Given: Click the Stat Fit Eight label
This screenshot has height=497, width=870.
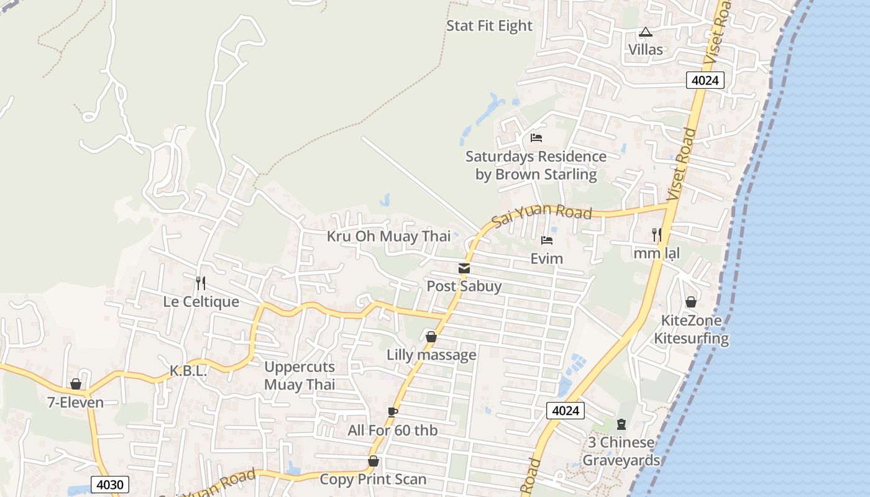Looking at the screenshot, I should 489,26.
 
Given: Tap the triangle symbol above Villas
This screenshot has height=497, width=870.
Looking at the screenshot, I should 645,32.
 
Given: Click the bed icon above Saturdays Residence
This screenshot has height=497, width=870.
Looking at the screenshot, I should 536,137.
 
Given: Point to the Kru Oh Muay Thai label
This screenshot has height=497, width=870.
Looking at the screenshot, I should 389,236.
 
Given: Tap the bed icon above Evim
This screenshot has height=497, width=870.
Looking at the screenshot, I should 547,240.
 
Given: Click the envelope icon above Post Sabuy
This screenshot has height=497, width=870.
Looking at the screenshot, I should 464,268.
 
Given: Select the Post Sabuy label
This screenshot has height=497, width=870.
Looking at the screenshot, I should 464,286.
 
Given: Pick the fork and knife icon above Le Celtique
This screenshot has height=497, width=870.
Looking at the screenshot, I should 200,283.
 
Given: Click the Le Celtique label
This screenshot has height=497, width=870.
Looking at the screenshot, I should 201,302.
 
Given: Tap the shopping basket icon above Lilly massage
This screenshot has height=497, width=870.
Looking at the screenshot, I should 431,337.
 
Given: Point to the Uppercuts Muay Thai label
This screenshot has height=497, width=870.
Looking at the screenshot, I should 300,376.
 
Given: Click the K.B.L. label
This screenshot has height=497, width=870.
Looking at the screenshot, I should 188,371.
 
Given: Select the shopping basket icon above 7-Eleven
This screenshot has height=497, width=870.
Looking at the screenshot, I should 76,384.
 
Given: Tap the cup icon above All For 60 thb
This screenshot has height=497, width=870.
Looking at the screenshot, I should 392,412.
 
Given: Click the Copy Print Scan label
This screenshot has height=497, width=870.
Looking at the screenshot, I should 373,480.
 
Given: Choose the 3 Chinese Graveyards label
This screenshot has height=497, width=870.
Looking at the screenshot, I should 621,452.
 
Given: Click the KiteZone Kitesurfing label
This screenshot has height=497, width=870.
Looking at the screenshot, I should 691,330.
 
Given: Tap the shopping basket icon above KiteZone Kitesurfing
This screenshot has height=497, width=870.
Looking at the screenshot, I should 690,302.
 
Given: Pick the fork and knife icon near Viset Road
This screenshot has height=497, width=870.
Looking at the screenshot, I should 656,234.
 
